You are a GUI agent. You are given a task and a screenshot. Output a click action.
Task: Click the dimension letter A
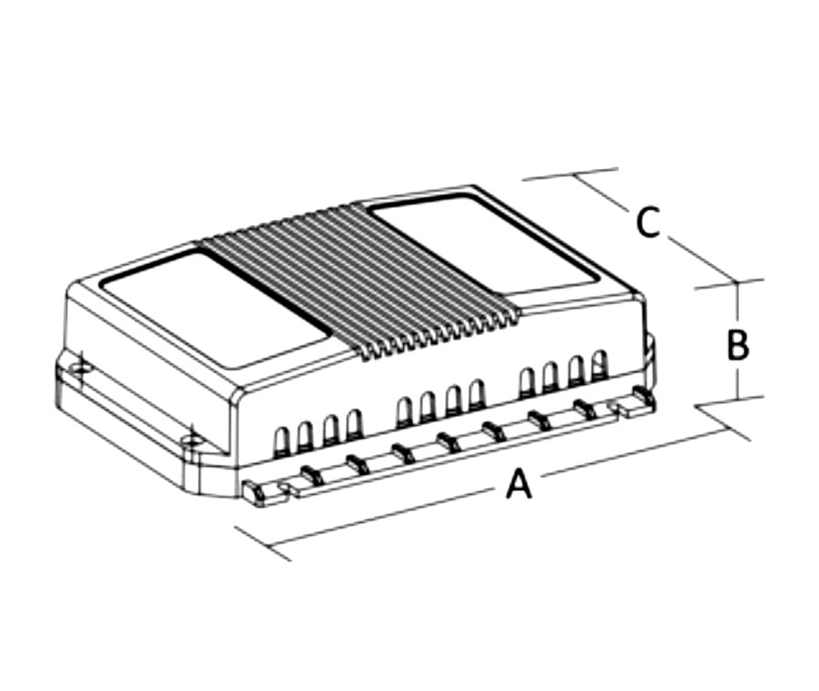(x=519, y=484)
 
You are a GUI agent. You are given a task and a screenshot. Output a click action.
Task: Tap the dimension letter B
(x=738, y=345)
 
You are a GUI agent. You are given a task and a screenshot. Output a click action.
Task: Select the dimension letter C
(x=648, y=222)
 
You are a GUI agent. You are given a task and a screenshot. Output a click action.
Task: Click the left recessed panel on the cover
(x=213, y=308)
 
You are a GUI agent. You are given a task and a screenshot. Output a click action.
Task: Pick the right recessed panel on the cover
(x=486, y=244)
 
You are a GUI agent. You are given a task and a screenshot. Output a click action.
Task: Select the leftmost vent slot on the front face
(x=281, y=439)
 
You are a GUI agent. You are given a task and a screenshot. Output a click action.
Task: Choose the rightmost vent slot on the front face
(x=599, y=364)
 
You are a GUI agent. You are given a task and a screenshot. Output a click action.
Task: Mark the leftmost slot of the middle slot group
(x=404, y=411)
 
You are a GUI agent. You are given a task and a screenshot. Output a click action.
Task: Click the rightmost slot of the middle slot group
(x=477, y=393)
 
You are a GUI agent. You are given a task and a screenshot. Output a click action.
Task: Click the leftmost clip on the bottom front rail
(x=255, y=494)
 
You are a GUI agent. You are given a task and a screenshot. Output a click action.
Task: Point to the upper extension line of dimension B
(x=728, y=284)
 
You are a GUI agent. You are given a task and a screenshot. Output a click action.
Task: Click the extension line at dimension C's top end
(x=570, y=174)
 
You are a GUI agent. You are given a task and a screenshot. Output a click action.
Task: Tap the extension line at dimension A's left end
(x=263, y=544)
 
